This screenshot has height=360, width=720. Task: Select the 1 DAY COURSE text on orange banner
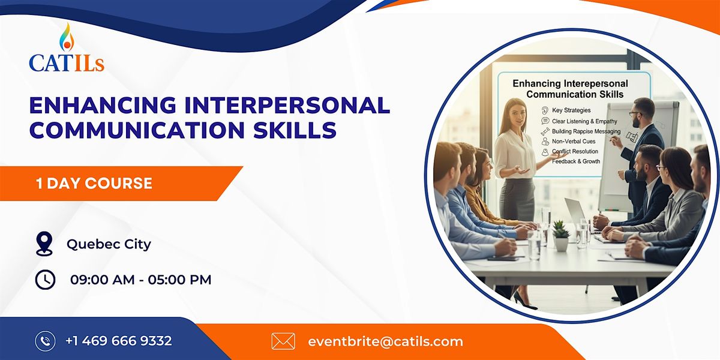(94, 183)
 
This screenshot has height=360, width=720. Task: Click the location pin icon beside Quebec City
(44, 244)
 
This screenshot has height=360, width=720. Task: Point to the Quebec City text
(109, 244)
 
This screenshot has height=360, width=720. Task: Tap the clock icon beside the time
(45, 279)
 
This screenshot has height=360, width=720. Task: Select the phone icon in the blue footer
(45, 341)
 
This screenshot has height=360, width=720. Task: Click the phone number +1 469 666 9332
(119, 341)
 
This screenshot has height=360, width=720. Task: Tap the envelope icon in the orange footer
(283, 341)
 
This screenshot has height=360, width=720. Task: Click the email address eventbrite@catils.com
(385, 341)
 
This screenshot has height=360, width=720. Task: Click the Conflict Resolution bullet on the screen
(575, 151)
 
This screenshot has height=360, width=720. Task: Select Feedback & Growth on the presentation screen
(575, 162)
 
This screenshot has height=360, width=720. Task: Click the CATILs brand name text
(66, 63)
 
